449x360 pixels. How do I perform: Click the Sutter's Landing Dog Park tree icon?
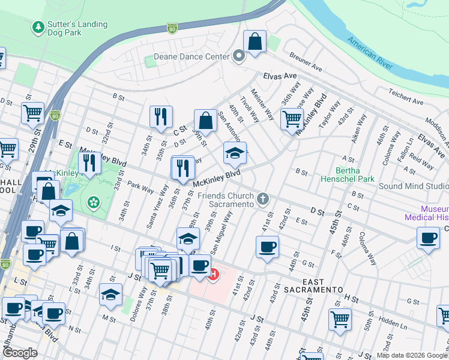[x=39, y=28]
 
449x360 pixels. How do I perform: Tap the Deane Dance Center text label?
[x=191, y=57]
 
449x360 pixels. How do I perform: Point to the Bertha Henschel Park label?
[x=348, y=175]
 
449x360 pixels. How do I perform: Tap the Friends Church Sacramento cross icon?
[x=262, y=199]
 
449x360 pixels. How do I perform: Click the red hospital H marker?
[x=212, y=275]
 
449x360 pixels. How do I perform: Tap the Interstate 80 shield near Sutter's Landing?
[x=172, y=28]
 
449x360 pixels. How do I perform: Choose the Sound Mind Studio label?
[x=413, y=186]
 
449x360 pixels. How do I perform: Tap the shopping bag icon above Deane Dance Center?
[x=255, y=43]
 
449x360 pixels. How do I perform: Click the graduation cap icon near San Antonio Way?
[x=235, y=153]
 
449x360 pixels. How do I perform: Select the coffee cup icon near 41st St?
[x=267, y=247]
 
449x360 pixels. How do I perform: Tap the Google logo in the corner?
[x=20, y=353]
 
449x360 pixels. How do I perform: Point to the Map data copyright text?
[x=412, y=355]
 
